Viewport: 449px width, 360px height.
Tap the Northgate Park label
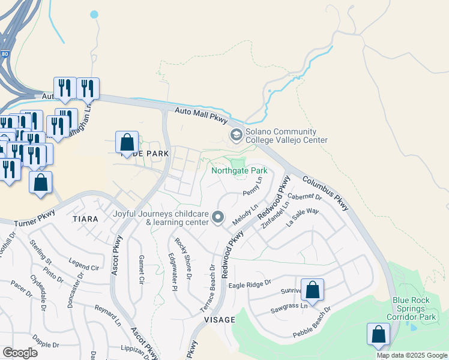[x=239, y=171]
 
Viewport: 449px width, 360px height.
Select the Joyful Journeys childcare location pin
[x=218, y=217]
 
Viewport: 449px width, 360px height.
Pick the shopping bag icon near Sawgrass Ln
[x=312, y=290]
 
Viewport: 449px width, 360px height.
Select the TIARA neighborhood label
[x=85, y=219]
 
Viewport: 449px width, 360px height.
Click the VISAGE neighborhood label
[x=220, y=320]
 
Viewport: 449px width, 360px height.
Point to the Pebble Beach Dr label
[x=312, y=322]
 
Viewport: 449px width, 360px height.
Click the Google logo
[x=20, y=352]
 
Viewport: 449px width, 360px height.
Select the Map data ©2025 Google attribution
[x=411, y=355]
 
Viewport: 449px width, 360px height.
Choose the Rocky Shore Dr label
[x=183, y=258]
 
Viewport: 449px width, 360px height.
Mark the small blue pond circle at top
[x=94, y=14]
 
